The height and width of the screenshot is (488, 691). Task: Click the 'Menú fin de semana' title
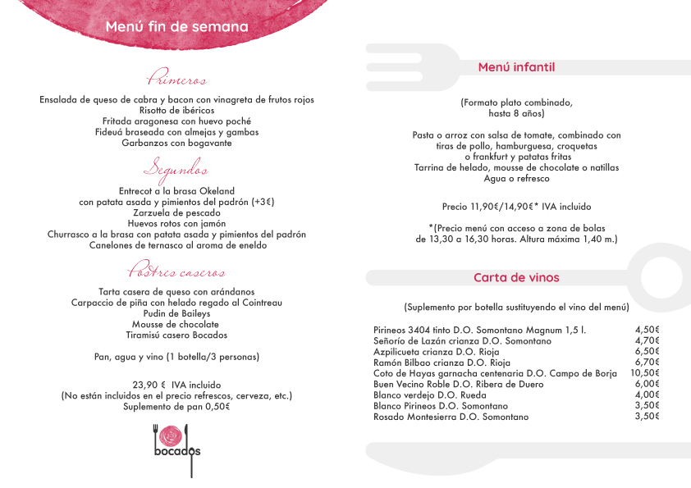(x=176, y=27)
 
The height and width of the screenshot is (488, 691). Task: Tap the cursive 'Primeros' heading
(x=176, y=80)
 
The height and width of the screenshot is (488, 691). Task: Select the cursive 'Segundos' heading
(x=176, y=170)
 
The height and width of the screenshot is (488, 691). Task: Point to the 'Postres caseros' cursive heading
(x=176, y=271)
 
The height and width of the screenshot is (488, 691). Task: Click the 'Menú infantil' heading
(x=516, y=67)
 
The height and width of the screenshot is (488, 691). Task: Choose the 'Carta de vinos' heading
(x=516, y=277)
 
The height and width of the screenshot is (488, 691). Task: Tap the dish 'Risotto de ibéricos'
(x=176, y=111)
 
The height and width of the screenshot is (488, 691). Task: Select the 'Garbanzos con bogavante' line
(x=176, y=143)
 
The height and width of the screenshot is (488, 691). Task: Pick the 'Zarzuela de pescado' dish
(x=176, y=212)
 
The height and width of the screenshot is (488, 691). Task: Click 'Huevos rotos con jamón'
(x=176, y=223)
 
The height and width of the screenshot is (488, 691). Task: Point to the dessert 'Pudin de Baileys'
(x=176, y=313)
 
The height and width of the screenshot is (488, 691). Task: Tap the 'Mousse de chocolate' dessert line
(x=176, y=324)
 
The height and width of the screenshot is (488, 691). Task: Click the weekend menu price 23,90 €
(x=149, y=385)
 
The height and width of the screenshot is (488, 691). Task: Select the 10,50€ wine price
(x=645, y=373)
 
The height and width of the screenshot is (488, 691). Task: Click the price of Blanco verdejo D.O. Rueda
(x=647, y=395)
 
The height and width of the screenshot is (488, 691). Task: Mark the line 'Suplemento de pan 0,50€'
(x=176, y=406)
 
